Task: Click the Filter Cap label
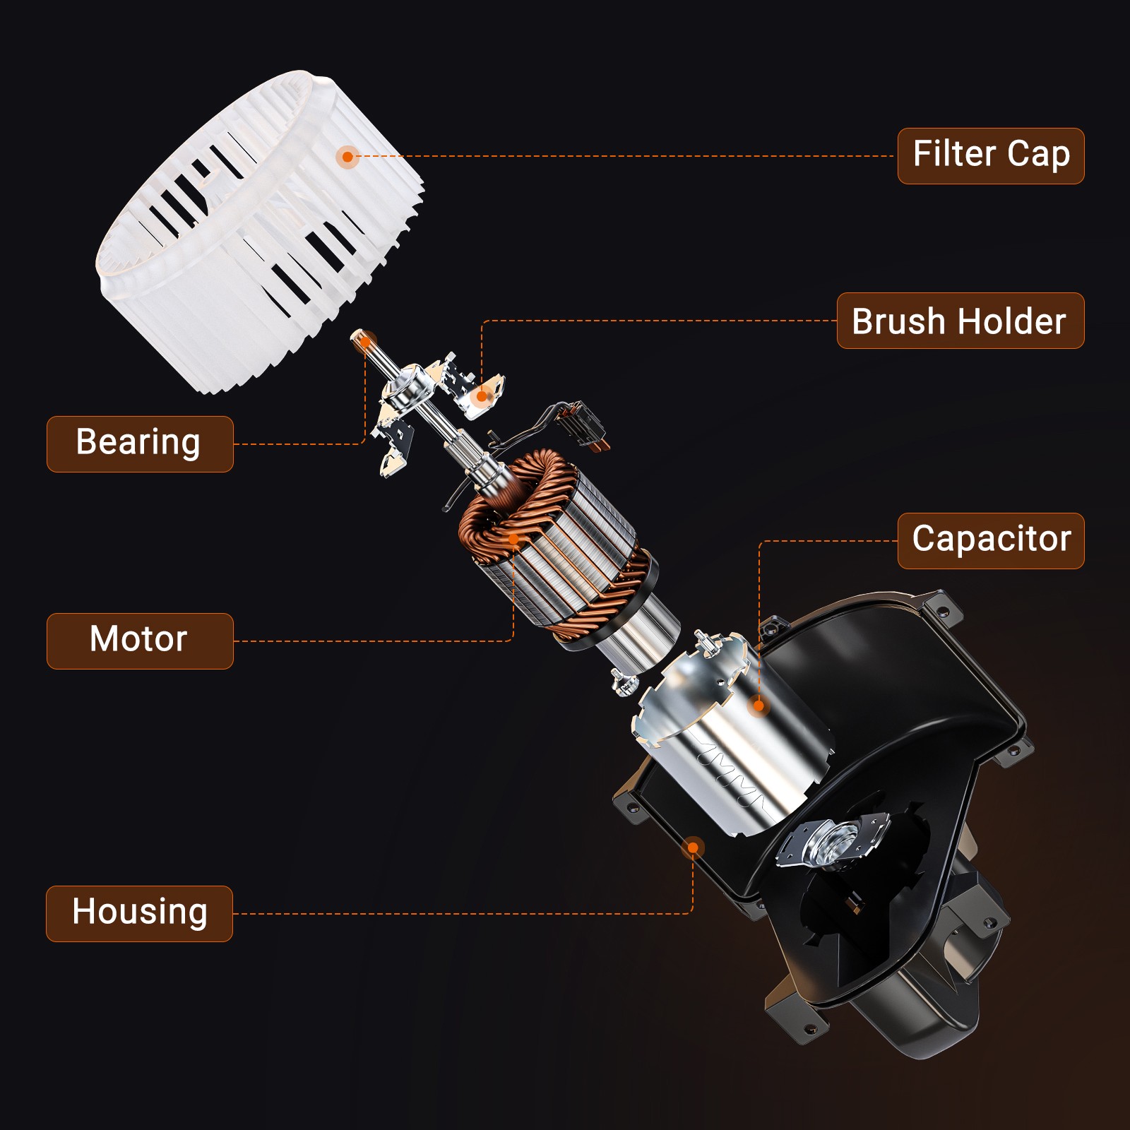coord(991,156)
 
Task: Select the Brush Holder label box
coord(961,321)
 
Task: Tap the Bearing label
coord(140,444)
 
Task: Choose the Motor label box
coord(140,641)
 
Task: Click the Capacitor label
coord(991,541)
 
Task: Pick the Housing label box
coord(140,913)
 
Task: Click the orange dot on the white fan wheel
coord(347,156)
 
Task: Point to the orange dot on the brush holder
coord(482,396)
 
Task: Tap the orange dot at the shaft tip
coord(365,343)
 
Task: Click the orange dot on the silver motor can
coord(759,705)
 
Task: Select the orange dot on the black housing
coord(694,847)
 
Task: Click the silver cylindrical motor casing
coord(731,734)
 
